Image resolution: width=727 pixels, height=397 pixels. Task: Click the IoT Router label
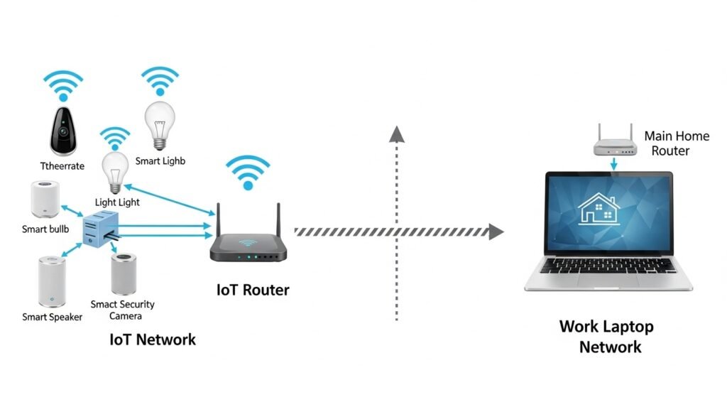coord(253,290)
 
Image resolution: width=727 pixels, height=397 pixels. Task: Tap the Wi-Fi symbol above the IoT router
coord(248,173)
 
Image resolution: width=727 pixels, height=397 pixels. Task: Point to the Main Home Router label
coord(676,143)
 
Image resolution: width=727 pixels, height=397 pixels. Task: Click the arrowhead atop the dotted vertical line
coord(398,134)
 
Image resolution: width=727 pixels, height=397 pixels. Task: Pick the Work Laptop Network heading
coord(607,337)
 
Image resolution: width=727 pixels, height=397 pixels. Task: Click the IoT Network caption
coord(153,339)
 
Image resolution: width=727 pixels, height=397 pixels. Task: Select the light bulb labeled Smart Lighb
coord(159,124)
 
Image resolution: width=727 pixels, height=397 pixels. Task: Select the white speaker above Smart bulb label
coord(44,200)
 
